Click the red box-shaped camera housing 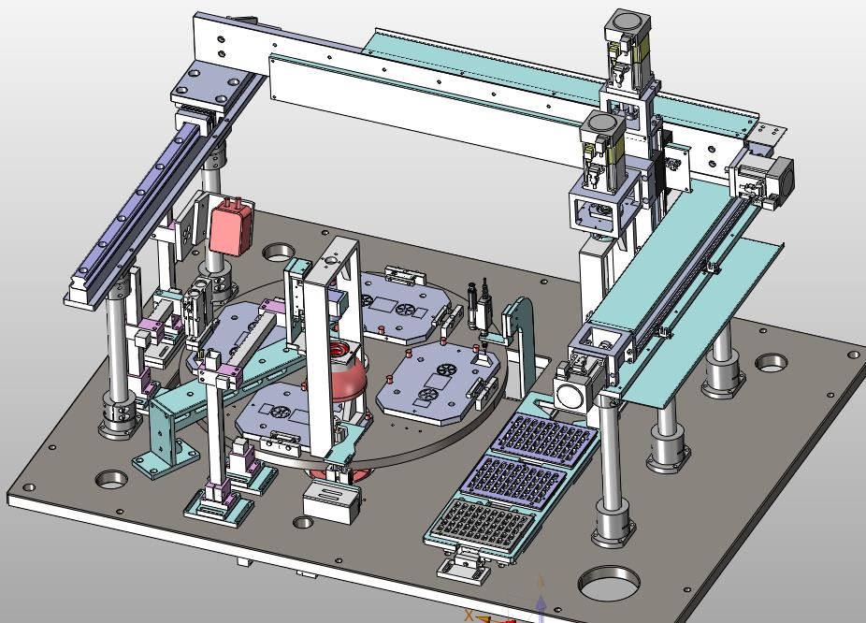(231, 226)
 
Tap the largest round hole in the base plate (608, 583)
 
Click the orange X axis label (469, 615)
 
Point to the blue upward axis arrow (541, 608)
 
